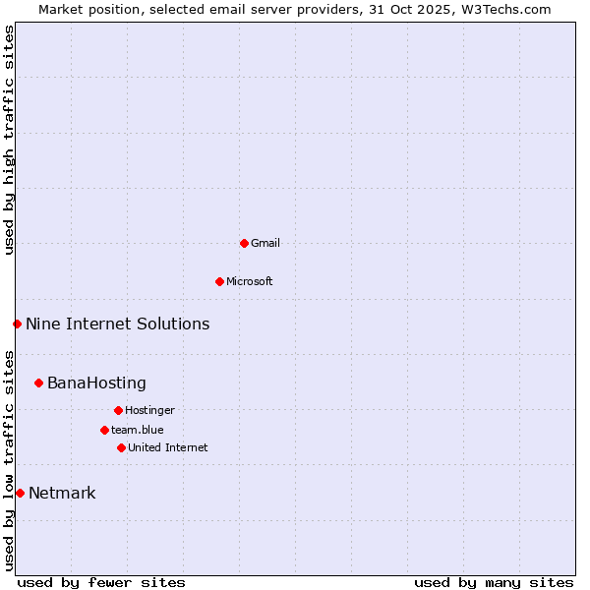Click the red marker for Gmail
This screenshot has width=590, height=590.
[244, 243]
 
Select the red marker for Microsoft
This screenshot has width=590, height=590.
[219, 281]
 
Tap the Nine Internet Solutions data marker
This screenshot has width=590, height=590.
[17, 324]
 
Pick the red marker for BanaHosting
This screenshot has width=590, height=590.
[38, 383]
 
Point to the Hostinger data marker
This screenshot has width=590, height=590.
[118, 410]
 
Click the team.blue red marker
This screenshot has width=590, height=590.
[104, 430]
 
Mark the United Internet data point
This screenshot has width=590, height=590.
[121, 447]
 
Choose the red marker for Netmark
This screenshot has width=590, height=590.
[20, 493]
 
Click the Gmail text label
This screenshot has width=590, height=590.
[265, 243]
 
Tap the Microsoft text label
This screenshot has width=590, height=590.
[250, 281]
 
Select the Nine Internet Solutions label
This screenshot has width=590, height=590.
[117, 324]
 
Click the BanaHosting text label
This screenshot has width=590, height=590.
[96, 383]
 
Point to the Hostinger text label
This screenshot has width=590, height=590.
[149, 410]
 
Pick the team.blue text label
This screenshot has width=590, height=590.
[138, 430]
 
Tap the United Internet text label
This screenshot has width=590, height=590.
[168, 447]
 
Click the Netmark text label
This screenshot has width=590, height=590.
[62, 493]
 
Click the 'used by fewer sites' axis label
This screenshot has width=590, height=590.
[101, 582]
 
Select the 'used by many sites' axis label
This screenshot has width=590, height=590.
[494, 582]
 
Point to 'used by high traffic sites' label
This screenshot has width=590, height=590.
[9, 140]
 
